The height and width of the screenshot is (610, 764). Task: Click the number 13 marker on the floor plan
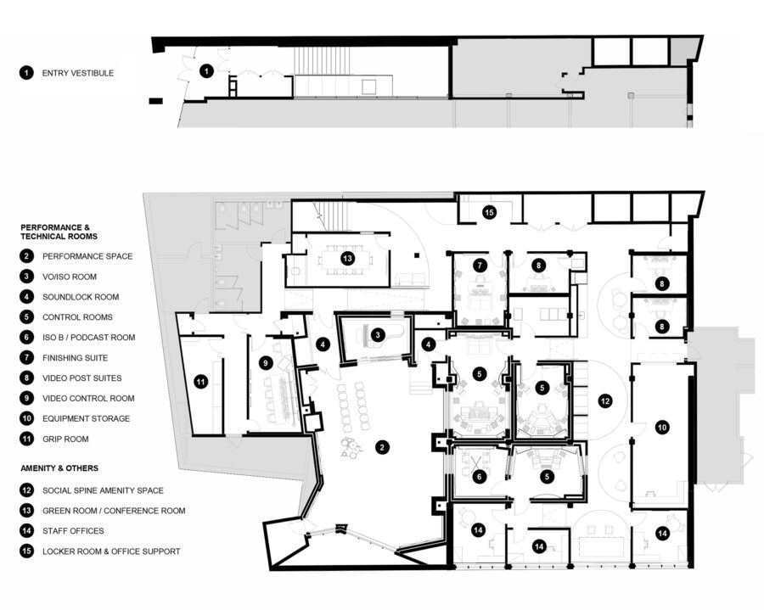pyautogui.click(x=346, y=258)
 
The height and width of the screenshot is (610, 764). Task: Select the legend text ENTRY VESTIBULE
pyautogui.click(x=77, y=73)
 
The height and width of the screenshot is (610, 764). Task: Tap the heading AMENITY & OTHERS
pyautogui.click(x=59, y=467)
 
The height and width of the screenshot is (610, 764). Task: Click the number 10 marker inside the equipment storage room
pyautogui.click(x=662, y=429)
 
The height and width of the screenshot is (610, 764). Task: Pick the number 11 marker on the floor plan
pyautogui.click(x=200, y=382)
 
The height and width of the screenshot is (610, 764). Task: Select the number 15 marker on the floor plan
pyautogui.click(x=489, y=212)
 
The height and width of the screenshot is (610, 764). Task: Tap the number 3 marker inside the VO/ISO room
pyautogui.click(x=378, y=334)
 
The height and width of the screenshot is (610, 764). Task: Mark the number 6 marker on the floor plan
pyautogui.click(x=480, y=477)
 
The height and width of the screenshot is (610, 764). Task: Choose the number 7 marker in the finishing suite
pyautogui.click(x=480, y=265)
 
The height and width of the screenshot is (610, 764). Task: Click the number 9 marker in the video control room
pyautogui.click(x=266, y=363)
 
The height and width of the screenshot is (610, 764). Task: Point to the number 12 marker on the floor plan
pyautogui.click(x=604, y=400)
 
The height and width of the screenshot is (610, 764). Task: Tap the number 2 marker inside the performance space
pyautogui.click(x=383, y=446)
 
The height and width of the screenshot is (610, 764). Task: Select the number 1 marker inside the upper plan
pyautogui.click(x=206, y=71)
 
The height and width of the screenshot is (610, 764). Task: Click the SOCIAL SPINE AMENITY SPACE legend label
pyautogui.click(x=103, y=490)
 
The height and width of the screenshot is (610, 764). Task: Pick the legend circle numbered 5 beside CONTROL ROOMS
pyautogui.click(x=26, y=317)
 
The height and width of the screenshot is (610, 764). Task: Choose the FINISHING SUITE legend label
pyautogui.click(x=78, y=358)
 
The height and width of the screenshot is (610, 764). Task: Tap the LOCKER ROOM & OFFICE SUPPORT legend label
pyautogui.click(x=110, y=551)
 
